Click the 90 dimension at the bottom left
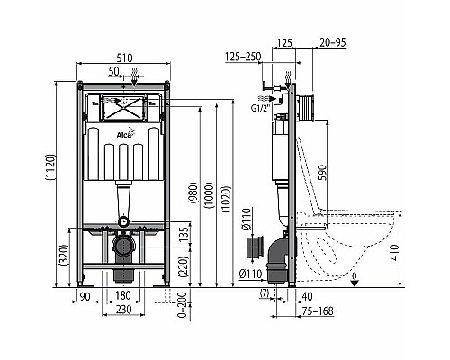click(86, 296)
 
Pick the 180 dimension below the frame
click(125, 296)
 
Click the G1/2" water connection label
click(262, 105)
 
